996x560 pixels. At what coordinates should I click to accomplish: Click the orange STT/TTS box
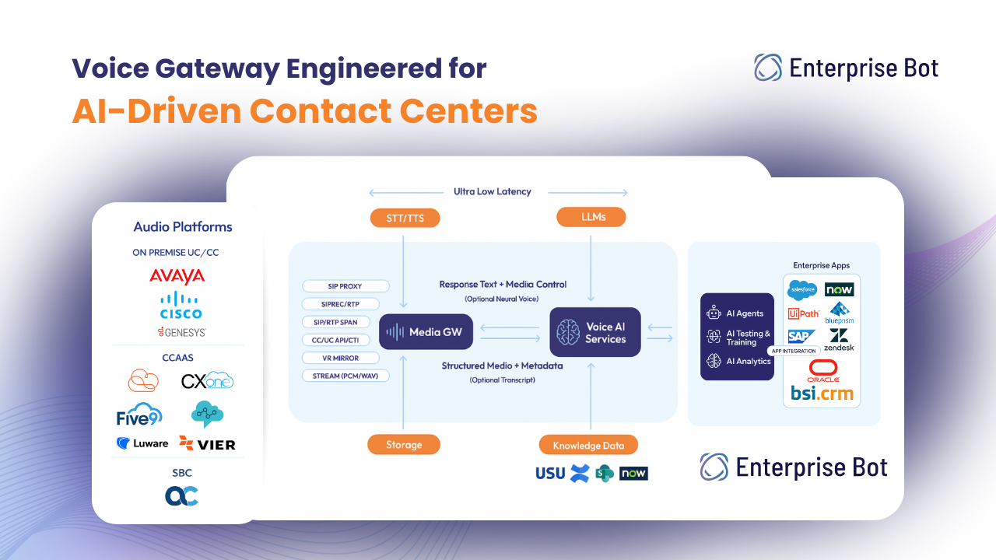[405, 218]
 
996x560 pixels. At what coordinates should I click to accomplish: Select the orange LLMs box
[591, 217]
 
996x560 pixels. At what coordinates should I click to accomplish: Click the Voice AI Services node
[595, 332]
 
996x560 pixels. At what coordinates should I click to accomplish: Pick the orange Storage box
[404, 444]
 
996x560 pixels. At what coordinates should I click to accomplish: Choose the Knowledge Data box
[588, 445]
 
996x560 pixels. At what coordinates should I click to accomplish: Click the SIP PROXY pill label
[345, 286]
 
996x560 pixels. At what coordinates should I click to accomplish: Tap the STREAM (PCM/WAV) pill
[345, 376]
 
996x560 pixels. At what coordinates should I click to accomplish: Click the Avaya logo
[177, 276]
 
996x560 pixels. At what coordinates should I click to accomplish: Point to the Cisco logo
[181, 306]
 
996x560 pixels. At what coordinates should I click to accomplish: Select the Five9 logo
[139, 415]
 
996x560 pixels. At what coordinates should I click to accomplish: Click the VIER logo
[207, 443]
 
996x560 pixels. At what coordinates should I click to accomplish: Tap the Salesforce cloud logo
[801, 290]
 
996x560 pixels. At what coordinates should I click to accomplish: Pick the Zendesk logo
[839, 340]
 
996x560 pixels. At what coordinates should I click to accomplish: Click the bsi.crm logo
[822, 394]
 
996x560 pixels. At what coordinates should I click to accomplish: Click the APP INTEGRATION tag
[793, 351]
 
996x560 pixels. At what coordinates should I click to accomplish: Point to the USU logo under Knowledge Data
[550, 473]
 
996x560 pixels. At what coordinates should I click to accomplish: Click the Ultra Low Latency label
[493, 191]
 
